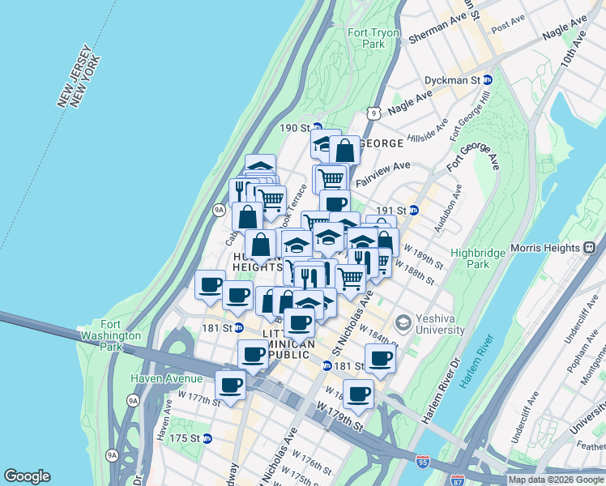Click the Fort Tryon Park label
click(366, 38)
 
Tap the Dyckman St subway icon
click(488, 80)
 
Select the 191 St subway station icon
click(414, 209)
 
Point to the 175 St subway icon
click(207, 438)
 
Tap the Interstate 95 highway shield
click(423, 461)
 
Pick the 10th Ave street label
click(572, 49)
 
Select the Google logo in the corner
click(27, 476)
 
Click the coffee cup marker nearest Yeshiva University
click(380, 358)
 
